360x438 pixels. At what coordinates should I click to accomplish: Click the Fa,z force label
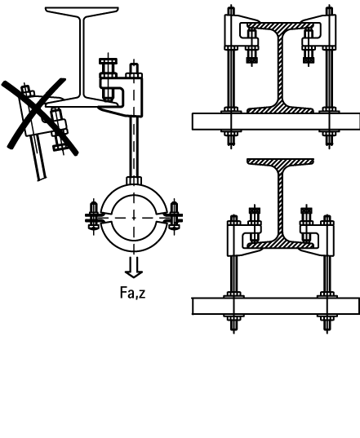(132, 293)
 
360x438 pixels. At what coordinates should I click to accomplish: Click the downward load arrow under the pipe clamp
(134, 267)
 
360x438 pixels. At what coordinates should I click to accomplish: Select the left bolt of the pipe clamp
(94, 215)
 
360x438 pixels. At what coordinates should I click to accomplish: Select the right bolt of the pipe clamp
(174, 215)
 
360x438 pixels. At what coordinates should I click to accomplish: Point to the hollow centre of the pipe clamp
(134, 218)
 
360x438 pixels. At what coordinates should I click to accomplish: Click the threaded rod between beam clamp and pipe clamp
(134, 146)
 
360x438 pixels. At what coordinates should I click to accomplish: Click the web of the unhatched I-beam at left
(82, 55)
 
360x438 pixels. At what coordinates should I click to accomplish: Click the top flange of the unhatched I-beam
(82, 11)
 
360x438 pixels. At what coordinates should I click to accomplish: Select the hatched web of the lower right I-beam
(280, 201)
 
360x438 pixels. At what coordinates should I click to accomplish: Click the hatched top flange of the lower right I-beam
(280, 161)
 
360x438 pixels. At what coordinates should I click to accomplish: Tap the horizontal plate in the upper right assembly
(276, 122)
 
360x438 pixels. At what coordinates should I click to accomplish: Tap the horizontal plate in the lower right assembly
(276, 306)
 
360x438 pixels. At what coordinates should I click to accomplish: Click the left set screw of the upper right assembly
(252, 46)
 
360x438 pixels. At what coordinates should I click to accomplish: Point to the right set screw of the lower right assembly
(307, 223)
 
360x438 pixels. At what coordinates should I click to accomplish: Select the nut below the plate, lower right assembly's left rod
(233, 318)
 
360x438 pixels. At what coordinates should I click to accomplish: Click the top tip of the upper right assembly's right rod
(329, 6)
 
